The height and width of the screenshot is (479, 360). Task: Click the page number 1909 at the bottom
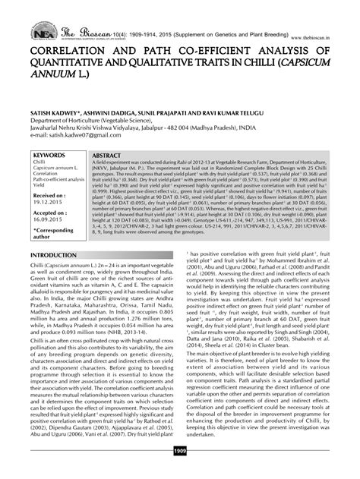(180, 472)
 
